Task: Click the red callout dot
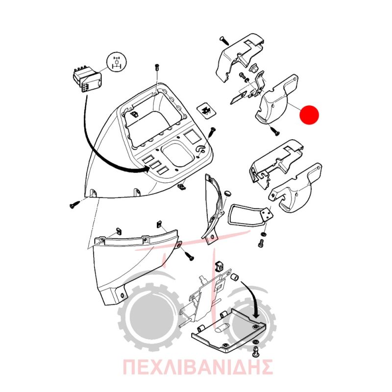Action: pyautogui.click(x=310, y=115)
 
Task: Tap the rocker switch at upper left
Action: pyautogui.click(x=87, y=79)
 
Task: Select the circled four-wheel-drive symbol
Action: pyautogui.click(x=117, y=63)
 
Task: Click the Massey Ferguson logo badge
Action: pyautogui.click(x=206, y=111)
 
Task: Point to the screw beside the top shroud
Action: pyautogui.click(x=225, y=41)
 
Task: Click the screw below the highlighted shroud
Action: pyautogui.click(x=274, y=131)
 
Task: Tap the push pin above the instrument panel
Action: pyautogui.click(x=156, y=67)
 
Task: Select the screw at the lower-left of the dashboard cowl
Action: pyautogui.click(x=75, y=205)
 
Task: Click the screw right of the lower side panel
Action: pyautogui.click(x=189, y=256)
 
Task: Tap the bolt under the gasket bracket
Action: pyautogui.click(x=261, y=243)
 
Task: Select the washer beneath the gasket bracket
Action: pyautogui.click(x=263, y=234)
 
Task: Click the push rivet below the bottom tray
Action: pyautogui.click(x=256, y=351)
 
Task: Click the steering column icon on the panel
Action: pyautogui.click(x=201, y=149)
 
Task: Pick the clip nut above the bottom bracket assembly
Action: pyautogui.click(x=219, y=266)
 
